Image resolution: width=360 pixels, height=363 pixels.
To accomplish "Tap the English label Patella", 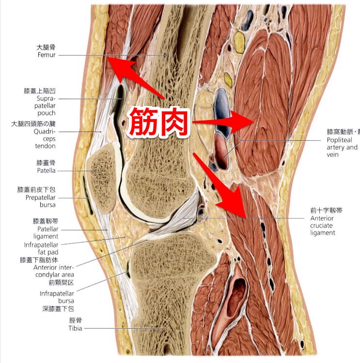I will [46, 171].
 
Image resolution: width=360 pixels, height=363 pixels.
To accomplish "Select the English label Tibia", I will [75, 329].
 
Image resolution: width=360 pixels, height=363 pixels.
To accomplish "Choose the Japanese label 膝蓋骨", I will [46, 163].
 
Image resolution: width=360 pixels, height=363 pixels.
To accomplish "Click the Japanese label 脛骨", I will [75, 320].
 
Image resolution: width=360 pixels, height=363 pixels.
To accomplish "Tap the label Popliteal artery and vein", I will [342, 147].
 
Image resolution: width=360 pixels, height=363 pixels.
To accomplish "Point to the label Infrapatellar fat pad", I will [41, 248].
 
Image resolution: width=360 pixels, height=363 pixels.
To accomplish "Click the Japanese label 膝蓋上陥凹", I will [40, 91].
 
